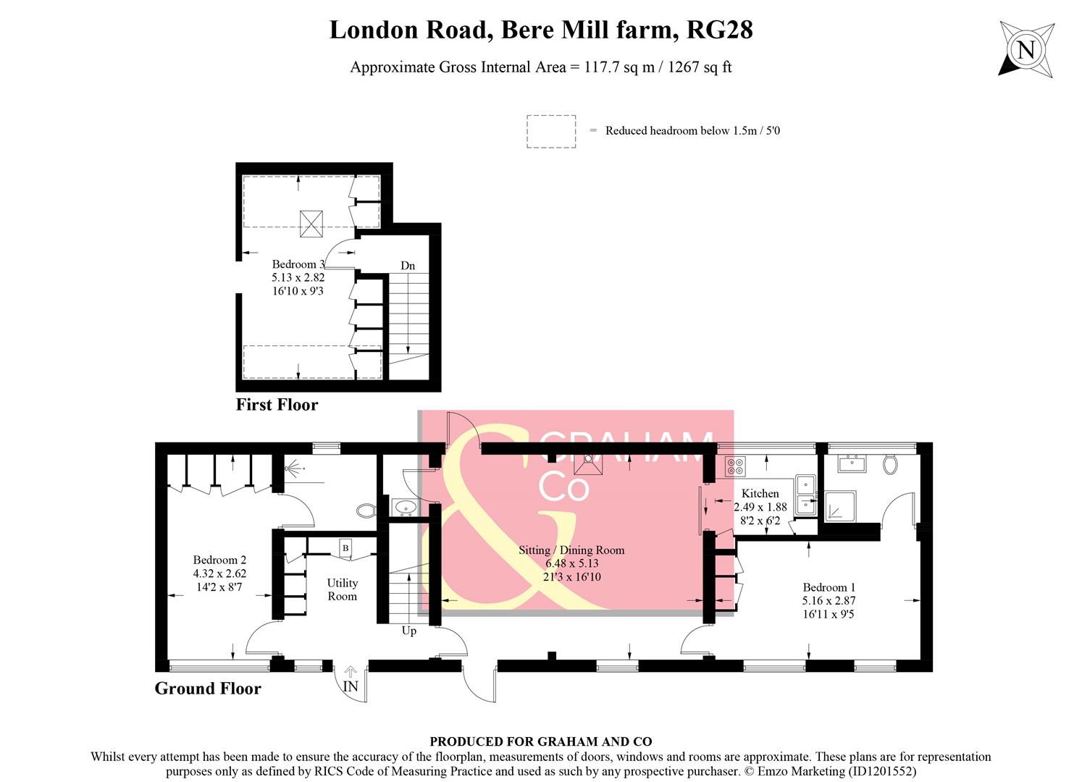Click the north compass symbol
tap(1026, 49)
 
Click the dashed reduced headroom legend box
tap(550, 132)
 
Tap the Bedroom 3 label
tap(298, 265)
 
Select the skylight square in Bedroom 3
tap(311, 223)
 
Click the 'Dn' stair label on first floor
tap(408, 266)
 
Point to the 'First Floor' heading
tap(277, 405)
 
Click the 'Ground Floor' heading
tap(208, 689)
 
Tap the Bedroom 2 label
tap(219, 560)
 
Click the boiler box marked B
tap(345, 548)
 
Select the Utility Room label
tap(342, 589)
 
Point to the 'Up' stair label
tap(409, 631)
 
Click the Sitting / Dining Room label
tap(571, 550)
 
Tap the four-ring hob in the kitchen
tap(735, 467)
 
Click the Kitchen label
tap(760, 494)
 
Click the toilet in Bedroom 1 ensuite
tap(890, 463)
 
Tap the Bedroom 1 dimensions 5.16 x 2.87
tap(829, 601)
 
